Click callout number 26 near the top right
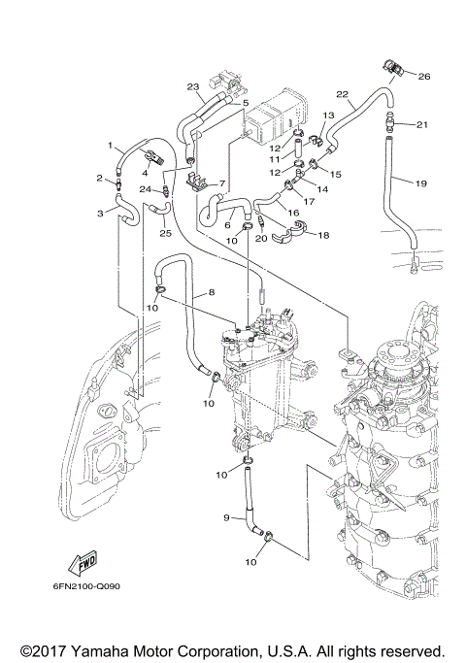(x=423, y=75)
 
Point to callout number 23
(x=193, y=86)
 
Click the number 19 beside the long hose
(x=421, y=182)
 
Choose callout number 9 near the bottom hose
(x=225, y=519)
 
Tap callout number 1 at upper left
(x=110, y=145)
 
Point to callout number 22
(x=342, y=94)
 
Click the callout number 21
(x=421, y=124)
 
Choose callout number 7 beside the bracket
(x=222, y=182)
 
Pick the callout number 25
(x=165, y=233)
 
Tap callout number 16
(x=292, y=211)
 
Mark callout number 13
(x=328, y=116)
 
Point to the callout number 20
(x=260, y=239)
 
